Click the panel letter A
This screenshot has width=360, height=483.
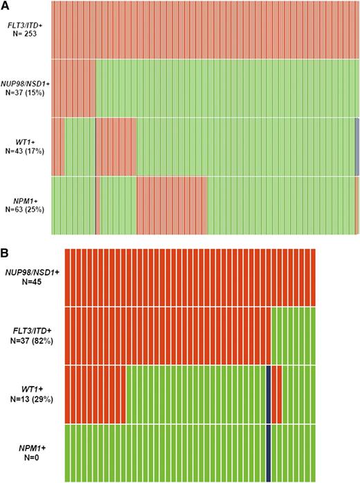coord(5,6)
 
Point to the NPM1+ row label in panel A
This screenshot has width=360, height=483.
coord(26,201)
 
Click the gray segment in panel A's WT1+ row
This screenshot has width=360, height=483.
coord(357,147)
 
